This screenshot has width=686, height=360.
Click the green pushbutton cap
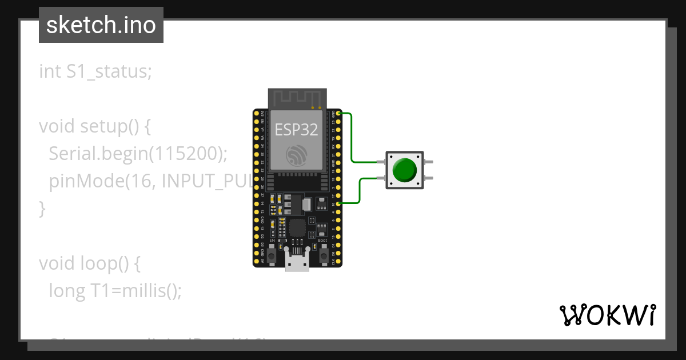[405, 170]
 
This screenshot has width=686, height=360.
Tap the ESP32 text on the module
[296, 129]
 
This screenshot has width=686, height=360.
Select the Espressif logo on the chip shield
[297, 154]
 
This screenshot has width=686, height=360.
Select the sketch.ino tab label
[101, 25]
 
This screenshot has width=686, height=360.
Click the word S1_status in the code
[108, 71]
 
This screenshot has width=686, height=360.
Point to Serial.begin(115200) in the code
[138, 153]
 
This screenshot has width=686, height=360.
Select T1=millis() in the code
[136, 291]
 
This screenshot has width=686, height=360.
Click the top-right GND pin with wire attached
[339, 114]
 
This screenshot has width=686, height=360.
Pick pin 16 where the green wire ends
[339, 203]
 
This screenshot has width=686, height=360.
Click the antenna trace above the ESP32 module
[297, 98]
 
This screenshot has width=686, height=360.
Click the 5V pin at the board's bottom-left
[257, 261]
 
